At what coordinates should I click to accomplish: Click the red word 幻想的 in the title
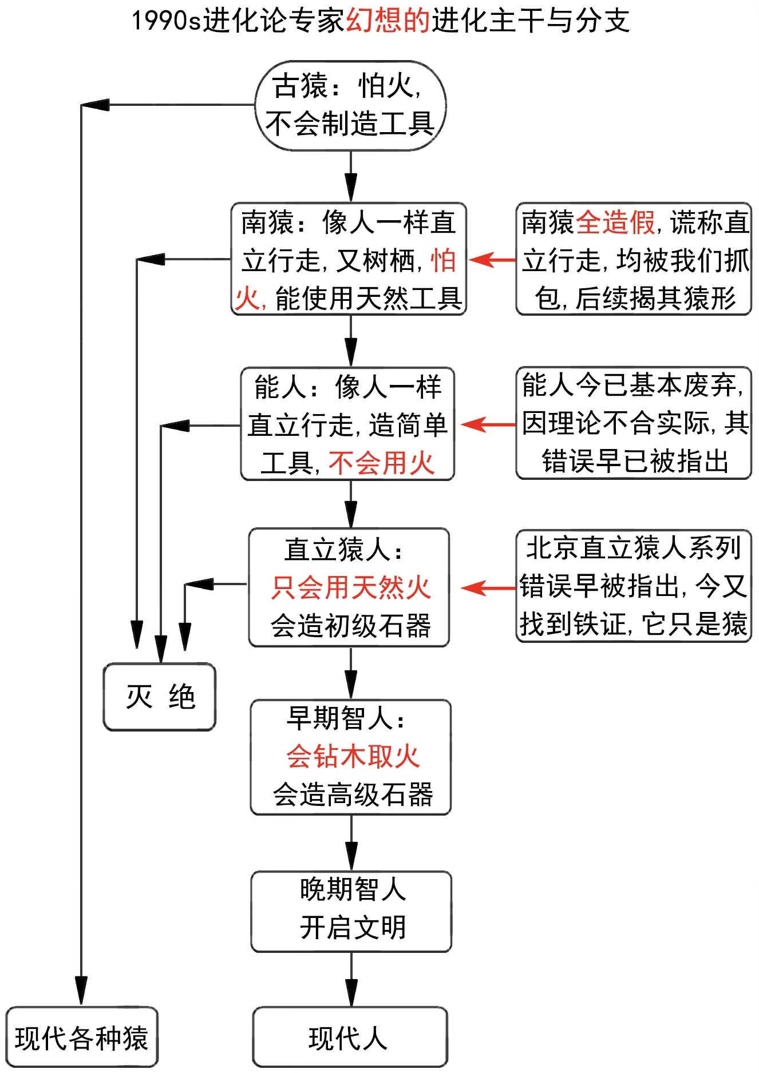[388, 21]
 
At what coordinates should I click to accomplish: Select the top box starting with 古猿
[350, 106]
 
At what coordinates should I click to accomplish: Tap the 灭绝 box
[160, 697]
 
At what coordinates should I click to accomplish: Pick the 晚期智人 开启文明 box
[351, 911]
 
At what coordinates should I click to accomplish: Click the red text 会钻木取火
[353, 757]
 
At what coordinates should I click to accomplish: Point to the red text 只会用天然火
[350, 587]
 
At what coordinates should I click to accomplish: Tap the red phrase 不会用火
[381, 463]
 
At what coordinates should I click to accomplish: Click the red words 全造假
[615, 222]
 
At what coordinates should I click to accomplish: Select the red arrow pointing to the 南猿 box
[492, 260]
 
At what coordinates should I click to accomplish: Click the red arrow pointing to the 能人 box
[488, 424]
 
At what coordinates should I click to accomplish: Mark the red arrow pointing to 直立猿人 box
[488, 587]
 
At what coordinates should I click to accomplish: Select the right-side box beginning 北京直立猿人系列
[633, 586]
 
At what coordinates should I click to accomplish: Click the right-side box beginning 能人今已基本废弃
[633, 423]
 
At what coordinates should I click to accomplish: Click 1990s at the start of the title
[167, 21]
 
